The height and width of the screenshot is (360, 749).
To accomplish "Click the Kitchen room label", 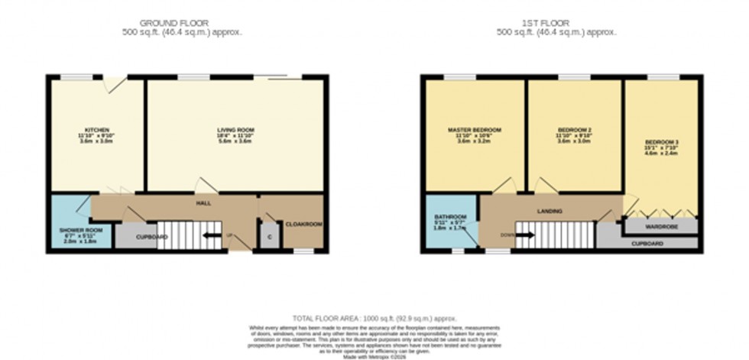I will [x=96, y=130].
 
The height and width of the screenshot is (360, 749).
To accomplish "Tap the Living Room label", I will [x=235, y=130].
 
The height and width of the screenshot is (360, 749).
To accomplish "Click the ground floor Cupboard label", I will [x=152, y=238].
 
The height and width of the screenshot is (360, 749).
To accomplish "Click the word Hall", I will [x=203, y=203].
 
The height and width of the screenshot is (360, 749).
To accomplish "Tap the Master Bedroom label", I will [x=474, y=130].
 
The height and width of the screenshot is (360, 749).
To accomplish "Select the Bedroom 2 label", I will [x=575, y=130].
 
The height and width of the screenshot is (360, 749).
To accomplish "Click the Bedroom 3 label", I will [x=660, y=142].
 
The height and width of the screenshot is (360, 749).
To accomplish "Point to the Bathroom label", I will [x=450, y=216].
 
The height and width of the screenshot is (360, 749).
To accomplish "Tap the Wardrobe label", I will [x=661, y=226].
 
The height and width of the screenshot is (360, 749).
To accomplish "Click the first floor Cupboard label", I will [x=647, y=244].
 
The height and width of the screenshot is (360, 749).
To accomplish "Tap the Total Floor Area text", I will [x=374, y=317].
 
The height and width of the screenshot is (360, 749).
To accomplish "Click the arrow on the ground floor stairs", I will [x=211, y=235].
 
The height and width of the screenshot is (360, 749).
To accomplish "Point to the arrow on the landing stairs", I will [x=526, y=235].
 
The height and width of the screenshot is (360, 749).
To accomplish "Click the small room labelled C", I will [x=270, y=236].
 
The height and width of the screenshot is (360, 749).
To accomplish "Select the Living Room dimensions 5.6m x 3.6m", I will [x=235, y=142].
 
